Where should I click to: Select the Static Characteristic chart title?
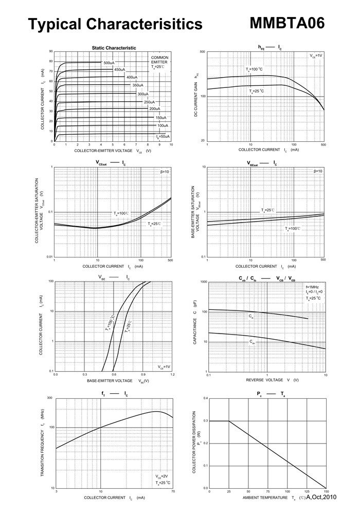click(114, 48)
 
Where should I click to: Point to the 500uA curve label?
click(109, 63)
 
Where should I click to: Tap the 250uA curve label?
click(150, 102)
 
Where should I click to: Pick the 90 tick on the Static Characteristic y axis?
click(51, 51)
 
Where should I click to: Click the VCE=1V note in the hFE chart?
click(316, 55)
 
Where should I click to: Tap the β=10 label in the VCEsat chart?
click(164, 171)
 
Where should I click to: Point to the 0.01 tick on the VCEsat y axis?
click(49, 256)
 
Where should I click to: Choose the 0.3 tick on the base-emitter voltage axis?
click(85, 375)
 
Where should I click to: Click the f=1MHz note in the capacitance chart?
click(313, 286)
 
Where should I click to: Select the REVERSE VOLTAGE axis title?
click(265, 380)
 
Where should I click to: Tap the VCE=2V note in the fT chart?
click(163, 476)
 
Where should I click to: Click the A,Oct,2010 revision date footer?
click(321, 497)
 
